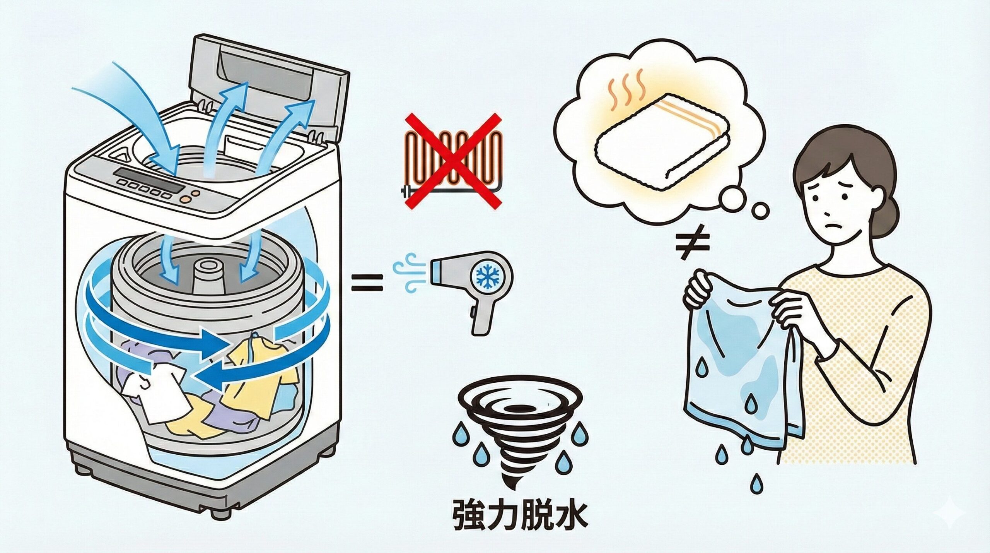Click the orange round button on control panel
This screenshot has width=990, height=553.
pyautogui.click(x=187, y=199)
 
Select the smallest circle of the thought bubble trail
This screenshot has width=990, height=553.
pyautogui.click(x=760, y=211)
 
